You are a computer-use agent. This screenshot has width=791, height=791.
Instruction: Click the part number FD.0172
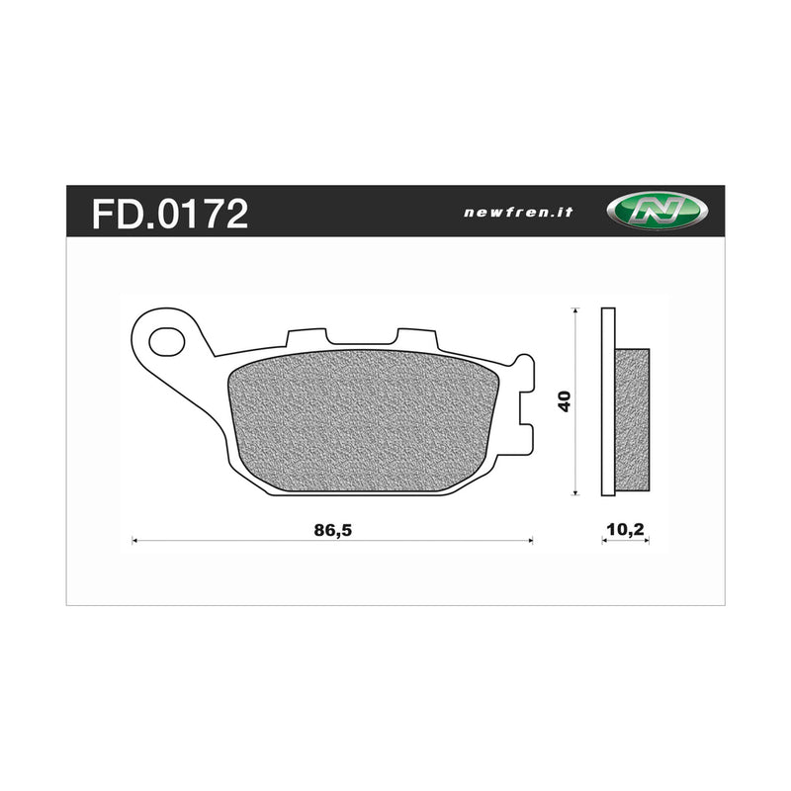tap(170, 213)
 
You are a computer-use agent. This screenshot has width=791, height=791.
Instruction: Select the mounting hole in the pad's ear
tap(166, 343)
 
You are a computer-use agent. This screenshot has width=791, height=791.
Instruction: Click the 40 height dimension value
tap(564, 401)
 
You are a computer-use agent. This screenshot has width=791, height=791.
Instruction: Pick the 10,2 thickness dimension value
tap(625, 529)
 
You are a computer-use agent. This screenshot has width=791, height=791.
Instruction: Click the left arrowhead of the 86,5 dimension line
tap(134, 541)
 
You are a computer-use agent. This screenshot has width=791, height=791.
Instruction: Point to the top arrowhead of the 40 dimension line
tap(575, 312)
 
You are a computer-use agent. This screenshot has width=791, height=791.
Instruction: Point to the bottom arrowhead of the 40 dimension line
tap(575, 491)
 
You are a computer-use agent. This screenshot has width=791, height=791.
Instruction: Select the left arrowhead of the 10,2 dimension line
tap(604, 543)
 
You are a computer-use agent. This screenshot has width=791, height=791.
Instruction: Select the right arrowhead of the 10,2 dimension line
tap(647, 543)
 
